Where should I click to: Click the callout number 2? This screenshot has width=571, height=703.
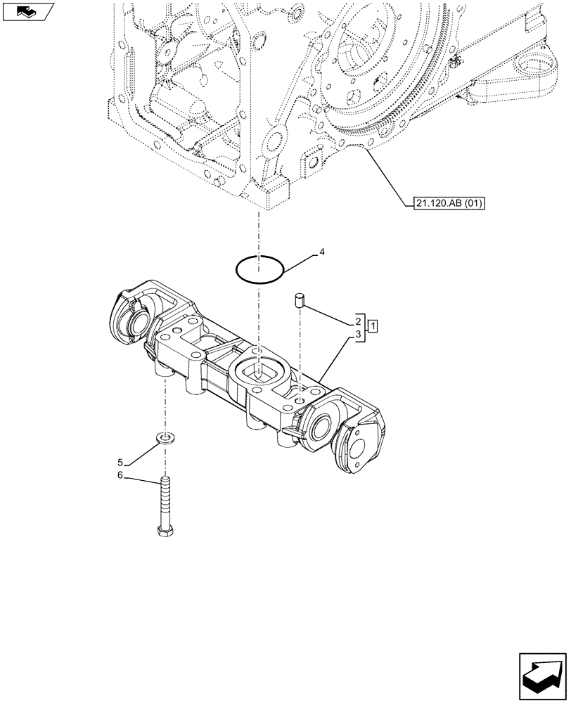pyautogui.click(x=359, y=321)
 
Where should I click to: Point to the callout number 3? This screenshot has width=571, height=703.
pyautogui.click(x=359, y=336)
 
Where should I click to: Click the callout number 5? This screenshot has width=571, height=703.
pyautogui.click(x=120, y=463)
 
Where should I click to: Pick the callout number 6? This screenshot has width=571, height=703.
pyautogui.click(x=120, y=476)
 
